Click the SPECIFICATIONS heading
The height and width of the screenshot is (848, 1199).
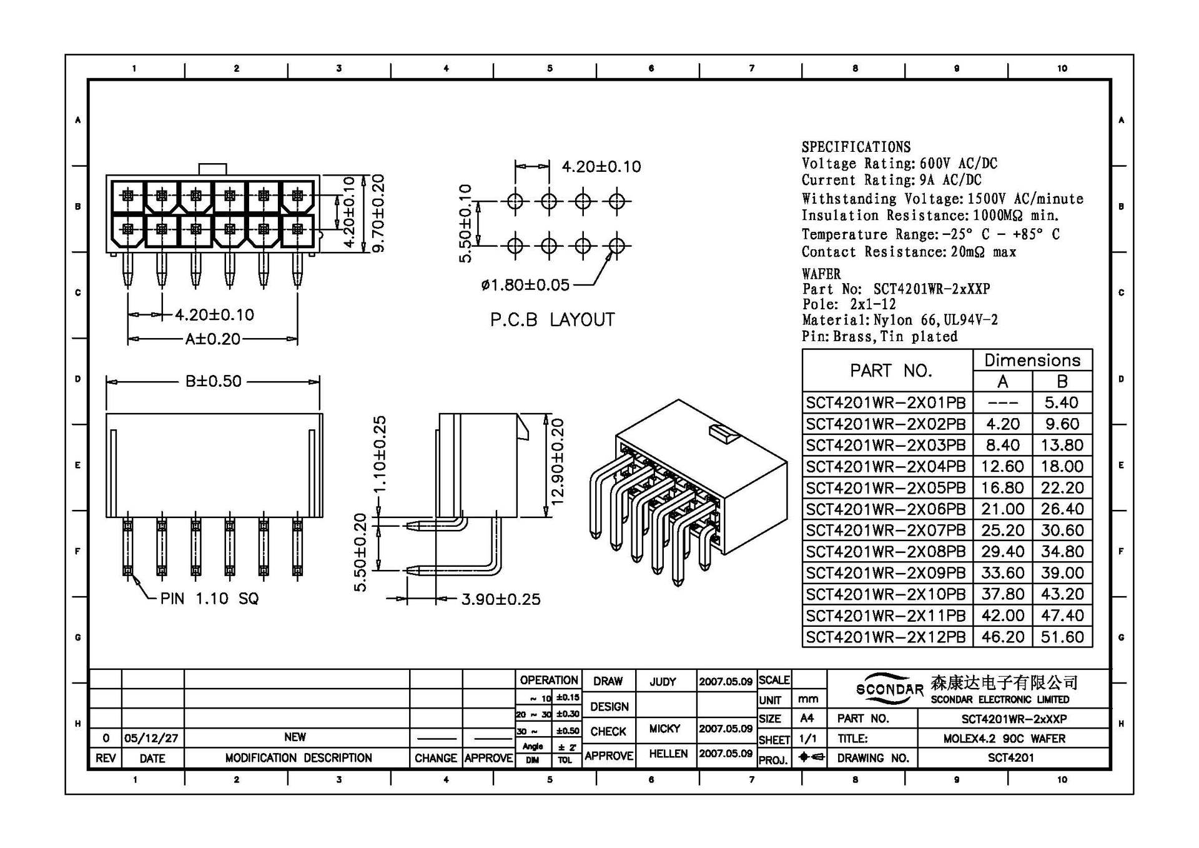856,147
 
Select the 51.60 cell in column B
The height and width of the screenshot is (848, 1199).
1062,637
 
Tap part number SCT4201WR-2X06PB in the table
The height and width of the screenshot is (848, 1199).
886,509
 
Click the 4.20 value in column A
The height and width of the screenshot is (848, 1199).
1002,424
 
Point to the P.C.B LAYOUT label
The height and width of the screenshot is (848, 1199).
552,320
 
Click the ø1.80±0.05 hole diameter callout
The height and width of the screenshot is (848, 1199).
525,285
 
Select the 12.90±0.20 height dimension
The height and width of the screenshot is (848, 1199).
557,462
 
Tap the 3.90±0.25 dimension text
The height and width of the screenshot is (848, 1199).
500,599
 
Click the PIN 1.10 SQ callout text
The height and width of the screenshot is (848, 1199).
209,599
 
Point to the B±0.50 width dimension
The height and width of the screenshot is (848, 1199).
213,381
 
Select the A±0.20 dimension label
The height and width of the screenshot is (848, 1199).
212,339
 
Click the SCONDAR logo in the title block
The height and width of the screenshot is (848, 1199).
889,689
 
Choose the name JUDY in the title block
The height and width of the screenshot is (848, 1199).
663,682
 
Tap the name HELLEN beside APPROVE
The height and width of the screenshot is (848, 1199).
668,754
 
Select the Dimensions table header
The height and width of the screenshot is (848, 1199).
1032,360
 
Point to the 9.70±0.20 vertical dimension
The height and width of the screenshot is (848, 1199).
378,213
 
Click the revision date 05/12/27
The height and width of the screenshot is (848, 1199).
151,738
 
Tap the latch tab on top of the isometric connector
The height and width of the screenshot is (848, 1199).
724,432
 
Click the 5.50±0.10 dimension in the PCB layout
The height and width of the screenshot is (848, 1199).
465,223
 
